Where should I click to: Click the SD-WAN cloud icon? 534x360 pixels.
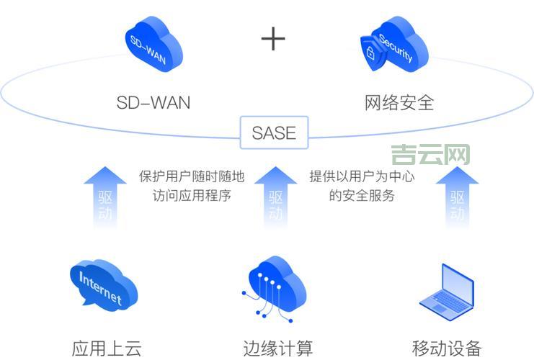coord(153,45)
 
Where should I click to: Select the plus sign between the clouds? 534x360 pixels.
coord(273,39)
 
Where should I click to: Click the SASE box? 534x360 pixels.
coord(274,132)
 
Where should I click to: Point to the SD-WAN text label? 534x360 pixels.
coord(153,102)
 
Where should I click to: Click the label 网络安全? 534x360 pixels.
coord(399,102)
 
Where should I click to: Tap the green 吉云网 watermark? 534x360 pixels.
coord(430,155)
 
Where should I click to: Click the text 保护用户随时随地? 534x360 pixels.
coord(192,176)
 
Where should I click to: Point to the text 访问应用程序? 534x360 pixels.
coord(192,195)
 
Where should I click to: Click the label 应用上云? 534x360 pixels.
coord(107,348)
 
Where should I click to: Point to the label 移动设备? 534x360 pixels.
coord(447,348)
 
